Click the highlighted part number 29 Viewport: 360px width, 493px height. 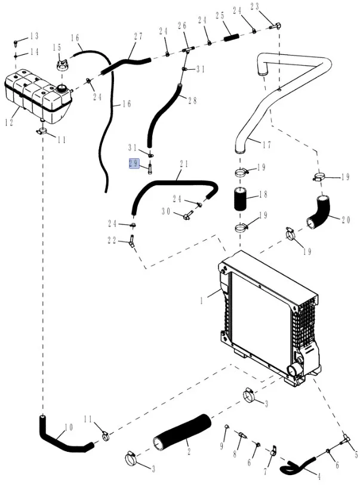134,163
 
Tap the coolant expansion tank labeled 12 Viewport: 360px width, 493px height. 36,95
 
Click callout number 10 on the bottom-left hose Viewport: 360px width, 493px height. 68,427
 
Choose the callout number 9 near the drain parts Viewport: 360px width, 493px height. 221,446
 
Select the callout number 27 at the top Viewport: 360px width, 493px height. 138,36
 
